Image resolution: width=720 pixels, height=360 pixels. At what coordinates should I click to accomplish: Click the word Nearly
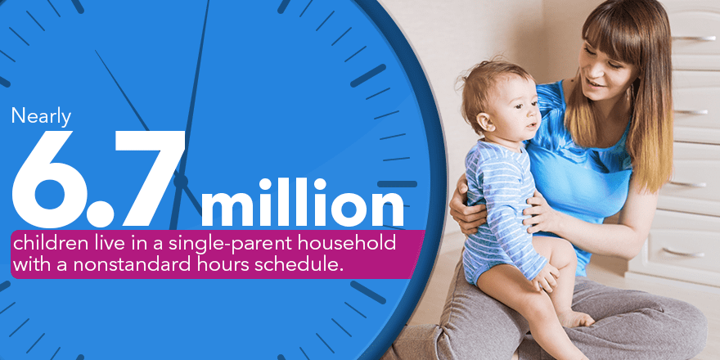click(x=42, y=116)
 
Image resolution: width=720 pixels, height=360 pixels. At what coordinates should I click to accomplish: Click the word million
click(x=303, y=203)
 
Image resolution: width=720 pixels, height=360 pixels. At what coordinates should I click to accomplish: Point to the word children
click(x=43, y=243)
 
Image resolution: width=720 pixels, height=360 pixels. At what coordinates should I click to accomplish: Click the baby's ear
click(x=485, y=122)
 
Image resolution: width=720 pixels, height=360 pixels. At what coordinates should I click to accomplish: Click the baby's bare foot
click(x=574, y=318)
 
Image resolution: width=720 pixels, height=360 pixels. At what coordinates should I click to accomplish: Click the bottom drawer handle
click(x=683, y=253)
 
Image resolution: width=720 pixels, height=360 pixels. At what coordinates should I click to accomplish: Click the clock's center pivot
click(x=181, y=181)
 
